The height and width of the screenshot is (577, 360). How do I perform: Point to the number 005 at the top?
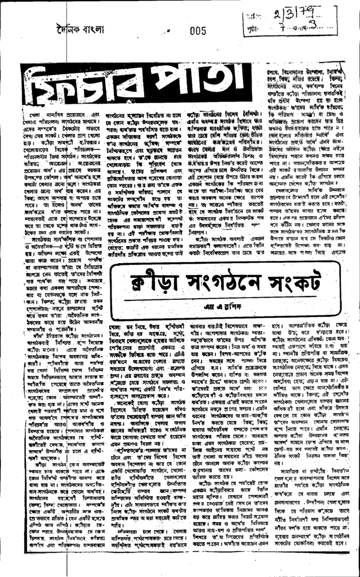[199, 31]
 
